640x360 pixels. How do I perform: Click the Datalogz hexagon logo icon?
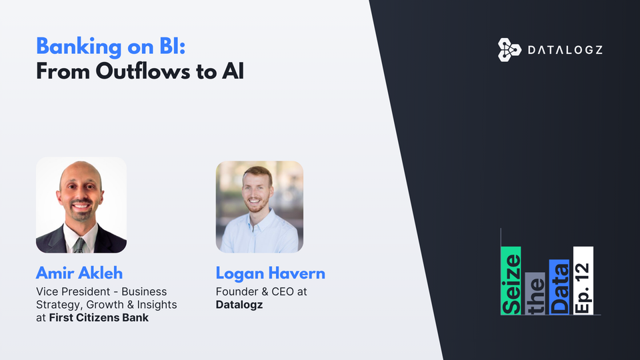(x=509, y=50)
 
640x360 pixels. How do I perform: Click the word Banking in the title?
(x=73, y=47)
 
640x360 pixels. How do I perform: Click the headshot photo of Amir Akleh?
(x=81, y=205)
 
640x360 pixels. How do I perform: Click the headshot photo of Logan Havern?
(x=259, y=207)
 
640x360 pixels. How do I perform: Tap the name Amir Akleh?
(x=79, y=273)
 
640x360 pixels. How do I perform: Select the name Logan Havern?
(x=270, y=273)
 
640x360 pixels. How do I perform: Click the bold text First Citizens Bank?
(x=99, y=317)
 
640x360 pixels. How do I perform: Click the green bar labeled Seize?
(x=511, y=280)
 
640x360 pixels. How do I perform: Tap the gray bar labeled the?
(x=535, y=293)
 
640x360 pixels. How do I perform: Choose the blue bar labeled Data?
(x=559, y=287)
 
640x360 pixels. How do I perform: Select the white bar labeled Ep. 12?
(x=583, y=280)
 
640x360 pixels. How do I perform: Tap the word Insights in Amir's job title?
(x=159, y=305)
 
